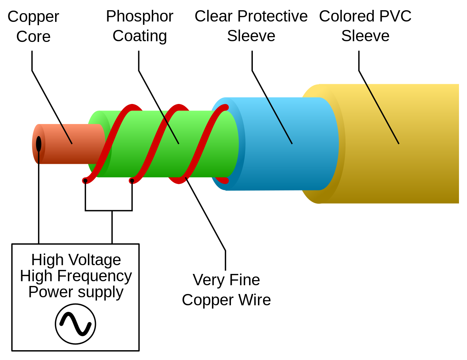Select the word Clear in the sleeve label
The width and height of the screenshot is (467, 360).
pos(213,16)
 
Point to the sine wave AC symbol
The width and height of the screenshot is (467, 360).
pos(76,324)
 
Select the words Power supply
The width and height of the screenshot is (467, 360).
pos(76,292)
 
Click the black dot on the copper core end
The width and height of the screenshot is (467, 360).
pos(39,144)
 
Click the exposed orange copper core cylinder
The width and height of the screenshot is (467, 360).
pos(73,144)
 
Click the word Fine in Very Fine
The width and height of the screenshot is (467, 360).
pos(244,280)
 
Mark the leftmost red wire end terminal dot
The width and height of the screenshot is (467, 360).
pos(85,181)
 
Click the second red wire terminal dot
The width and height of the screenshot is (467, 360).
pos(132,181)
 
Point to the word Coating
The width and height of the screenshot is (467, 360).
pos(139,36)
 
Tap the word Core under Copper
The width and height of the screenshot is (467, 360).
pos(33,37)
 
